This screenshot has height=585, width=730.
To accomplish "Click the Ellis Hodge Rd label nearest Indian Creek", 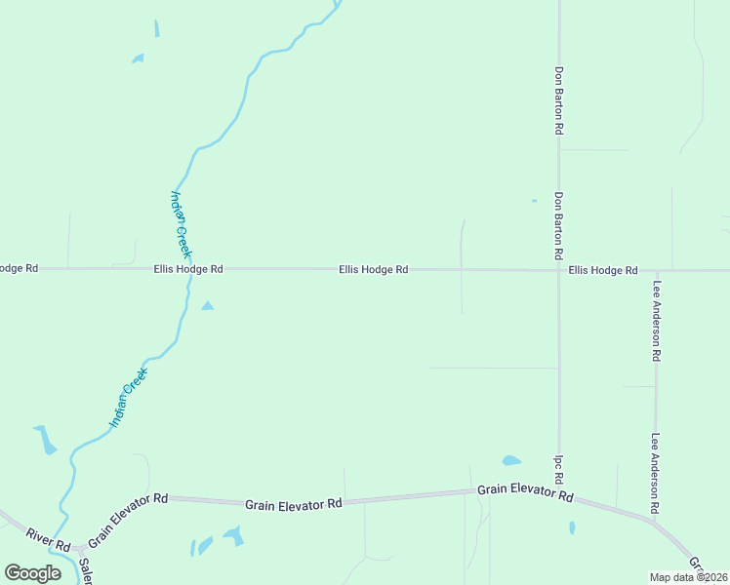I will click(188, 269).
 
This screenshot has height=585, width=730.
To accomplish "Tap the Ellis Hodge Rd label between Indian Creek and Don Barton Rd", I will click(373, 269).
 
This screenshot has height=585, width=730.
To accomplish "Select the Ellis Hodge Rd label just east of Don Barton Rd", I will click(603, 270).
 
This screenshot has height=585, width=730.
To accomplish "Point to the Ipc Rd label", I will click(559, 469).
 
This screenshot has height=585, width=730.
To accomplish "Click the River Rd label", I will click(49, 536).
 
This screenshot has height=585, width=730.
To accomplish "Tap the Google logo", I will click(32, 573).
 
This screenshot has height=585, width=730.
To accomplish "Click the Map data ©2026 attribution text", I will click(689, 577).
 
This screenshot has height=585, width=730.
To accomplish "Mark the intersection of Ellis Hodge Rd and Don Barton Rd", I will click(559, 270).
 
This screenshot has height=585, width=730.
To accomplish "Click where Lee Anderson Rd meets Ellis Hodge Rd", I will click(657, 271).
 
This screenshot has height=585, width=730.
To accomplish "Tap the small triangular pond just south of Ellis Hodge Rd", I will click(207, 306).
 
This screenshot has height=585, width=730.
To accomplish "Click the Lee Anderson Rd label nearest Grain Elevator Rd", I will click(657, 474).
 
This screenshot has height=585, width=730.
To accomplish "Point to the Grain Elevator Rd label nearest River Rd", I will click(128, 520).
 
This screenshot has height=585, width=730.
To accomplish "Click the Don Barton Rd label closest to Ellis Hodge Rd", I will click(559, 224).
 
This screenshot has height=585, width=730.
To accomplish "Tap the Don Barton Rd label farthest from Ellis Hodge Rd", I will click(559, 99).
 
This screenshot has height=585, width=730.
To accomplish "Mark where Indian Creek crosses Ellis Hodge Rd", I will click(185, 269).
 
